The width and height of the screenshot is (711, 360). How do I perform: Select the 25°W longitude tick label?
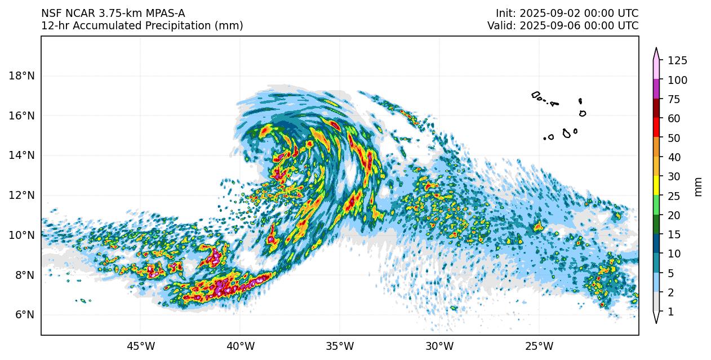pos(539,346)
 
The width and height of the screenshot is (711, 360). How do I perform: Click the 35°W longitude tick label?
pos(340,346)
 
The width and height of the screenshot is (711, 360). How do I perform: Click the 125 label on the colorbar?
pos(677,61)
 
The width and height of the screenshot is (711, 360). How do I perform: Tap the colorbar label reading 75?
pos(674,100)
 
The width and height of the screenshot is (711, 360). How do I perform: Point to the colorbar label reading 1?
pos(670,312)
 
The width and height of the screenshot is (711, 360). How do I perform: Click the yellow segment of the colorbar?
pos(656,186)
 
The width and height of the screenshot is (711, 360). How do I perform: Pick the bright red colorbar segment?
pos(656,128)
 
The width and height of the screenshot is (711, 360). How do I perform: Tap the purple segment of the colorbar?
pos(656,90)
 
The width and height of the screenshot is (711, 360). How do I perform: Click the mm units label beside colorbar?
pos(699,186)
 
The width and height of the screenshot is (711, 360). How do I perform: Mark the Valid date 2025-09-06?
pos(554,26)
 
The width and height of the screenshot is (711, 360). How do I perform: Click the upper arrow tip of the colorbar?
pos(656,50)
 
